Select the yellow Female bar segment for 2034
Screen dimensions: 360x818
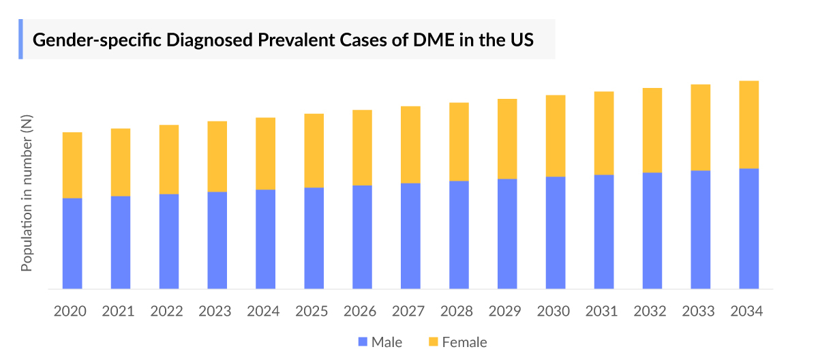pyautogui.click(x=749, y=125)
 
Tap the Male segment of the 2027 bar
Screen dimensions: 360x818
pyautogui.click(x=410, y=236)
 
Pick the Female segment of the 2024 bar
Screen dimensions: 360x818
pyautogui.click(x=266, y=153)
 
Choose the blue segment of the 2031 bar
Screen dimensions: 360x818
pyautogui.click(x=604, y=232)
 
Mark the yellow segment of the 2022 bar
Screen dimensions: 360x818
pyautogui.click(x=169, y=160)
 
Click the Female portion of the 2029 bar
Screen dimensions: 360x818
pyautogui.click(x=507, y=139)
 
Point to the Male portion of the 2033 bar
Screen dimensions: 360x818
pyautogui.click(x=701, y=230)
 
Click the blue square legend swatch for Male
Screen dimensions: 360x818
pyautogui.click(x=362, y=342)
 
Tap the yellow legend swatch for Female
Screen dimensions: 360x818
pyautogui.click(x=433, y=342)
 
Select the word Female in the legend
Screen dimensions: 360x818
pyautogui.click(x=464, y=342)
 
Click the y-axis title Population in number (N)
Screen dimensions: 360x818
pyautogui.click(x=27, y=192)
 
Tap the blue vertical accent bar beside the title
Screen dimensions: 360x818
pyautogui.click(x=20, y=40)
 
